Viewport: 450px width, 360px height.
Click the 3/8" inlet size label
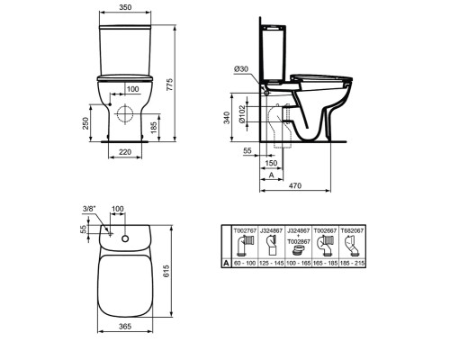(x=88, y=209)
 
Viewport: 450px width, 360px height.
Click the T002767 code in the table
(x=245, y=229)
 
